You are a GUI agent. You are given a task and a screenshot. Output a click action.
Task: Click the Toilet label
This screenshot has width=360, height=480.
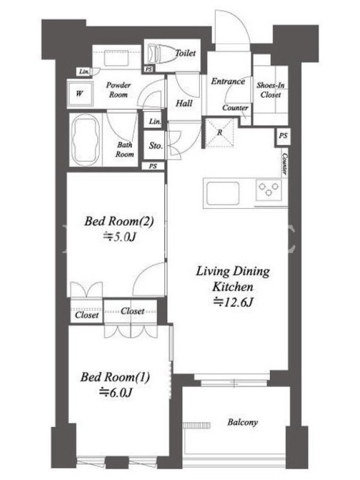coord(185,53)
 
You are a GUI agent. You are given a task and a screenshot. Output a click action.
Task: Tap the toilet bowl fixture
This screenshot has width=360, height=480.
coord(160,54)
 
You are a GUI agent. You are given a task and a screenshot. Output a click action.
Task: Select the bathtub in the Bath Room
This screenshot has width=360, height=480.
coord(85,140)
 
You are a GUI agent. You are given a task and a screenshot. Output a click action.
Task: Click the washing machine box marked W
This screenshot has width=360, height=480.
coord(80,94)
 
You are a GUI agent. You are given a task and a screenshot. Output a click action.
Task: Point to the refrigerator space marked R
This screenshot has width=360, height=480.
coord(220,133)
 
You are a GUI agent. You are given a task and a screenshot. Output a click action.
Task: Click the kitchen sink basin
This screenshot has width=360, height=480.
coord(223,193)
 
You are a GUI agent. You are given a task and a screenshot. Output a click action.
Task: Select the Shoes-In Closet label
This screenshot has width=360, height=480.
coord(271,90)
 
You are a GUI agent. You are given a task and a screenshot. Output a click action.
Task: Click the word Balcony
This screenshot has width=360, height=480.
coord(242,422)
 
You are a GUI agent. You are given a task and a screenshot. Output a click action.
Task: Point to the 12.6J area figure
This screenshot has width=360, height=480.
coord(233,302)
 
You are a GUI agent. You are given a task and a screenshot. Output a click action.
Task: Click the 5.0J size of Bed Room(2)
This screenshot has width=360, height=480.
coord(119,237)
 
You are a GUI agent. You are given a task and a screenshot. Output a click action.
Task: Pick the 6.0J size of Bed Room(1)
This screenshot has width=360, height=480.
coord(116,392)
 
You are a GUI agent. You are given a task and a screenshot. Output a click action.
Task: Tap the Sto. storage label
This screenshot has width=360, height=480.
coord(155,146)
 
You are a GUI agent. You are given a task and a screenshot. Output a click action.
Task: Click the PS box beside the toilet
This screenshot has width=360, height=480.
coord(148,70)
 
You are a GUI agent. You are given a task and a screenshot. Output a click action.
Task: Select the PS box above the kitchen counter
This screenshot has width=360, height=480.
coord(283,135)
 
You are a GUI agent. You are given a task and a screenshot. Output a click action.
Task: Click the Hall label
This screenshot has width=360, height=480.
coord(184,103)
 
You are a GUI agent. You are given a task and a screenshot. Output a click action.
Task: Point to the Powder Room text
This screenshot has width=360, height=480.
coord(118,90)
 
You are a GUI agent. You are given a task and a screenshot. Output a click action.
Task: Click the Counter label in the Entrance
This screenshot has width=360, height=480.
coord(235,108)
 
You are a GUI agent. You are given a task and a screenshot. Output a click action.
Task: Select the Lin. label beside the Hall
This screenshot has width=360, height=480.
coord(155,122)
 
